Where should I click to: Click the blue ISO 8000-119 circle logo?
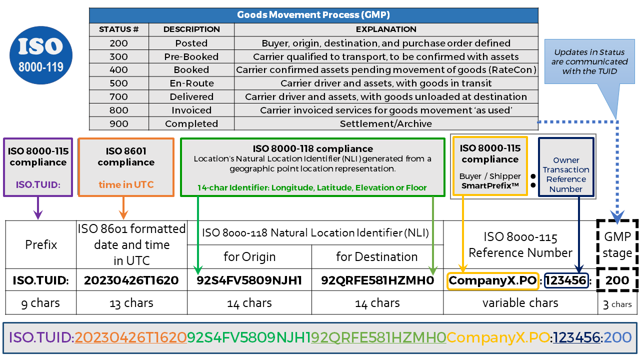(41, 55)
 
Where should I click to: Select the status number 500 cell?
(118, 83)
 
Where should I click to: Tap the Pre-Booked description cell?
(191, 56)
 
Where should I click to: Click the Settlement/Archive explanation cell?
(386, 123)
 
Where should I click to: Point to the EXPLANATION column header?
(386, 29)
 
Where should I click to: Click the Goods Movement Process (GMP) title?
(313, 14)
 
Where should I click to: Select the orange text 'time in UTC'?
(126, 184)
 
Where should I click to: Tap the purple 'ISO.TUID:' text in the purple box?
(38, 184)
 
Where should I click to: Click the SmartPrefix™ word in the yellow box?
(490, 185)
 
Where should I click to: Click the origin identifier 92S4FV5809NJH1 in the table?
(249, 280)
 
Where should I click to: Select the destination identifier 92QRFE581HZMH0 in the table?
(377, 280)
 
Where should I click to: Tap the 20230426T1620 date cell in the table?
(131, 280)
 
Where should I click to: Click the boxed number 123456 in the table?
(566, 280)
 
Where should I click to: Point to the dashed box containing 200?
(617, 280)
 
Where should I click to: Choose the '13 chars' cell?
(131, 303)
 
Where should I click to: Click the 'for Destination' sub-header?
(377, 256)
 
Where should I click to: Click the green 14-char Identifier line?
(312, 187)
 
